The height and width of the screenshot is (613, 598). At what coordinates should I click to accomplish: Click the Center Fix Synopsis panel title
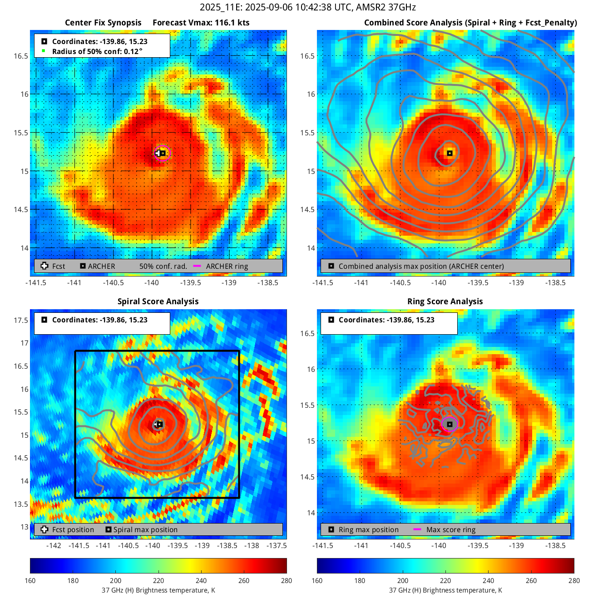click(x=103, y=23)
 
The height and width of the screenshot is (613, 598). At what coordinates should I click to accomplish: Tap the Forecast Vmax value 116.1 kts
click(x=201, y=23)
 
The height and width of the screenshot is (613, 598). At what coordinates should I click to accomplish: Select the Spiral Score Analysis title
click(x=158, y=302)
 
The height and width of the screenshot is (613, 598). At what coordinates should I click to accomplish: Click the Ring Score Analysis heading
click(x=445, y=302)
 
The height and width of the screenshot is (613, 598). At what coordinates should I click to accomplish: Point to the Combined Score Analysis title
click(x=470, y=23)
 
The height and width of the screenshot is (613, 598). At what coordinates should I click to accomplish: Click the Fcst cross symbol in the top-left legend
click(x=44, y=266)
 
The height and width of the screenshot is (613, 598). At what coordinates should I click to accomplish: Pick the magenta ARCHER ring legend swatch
click(x=197, y=266)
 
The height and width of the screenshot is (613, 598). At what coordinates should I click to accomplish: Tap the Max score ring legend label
click(x=451, y=529)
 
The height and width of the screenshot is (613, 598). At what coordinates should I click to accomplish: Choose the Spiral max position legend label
click(x=145, y=529)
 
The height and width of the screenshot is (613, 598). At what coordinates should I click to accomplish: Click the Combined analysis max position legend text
click(x=421, y=266)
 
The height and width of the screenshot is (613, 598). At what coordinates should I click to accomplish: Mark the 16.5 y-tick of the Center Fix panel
click(x=21, y=56)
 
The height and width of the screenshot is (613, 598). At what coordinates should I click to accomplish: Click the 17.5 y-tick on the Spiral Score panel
click(x=21, y=320)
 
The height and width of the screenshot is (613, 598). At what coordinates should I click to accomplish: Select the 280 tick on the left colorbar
click(x=287, y=580)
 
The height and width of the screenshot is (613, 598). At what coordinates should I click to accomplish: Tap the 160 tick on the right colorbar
click(x=317, y=580)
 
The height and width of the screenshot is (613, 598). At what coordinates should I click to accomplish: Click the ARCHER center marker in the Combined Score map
click(x=450, y=153)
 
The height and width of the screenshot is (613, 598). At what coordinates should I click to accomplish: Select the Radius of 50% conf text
click(x=97, y=51)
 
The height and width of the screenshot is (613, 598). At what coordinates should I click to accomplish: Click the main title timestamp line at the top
click(x=307, y=7)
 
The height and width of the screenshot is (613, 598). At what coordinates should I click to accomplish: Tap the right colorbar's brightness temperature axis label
click(x=445, y=590)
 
